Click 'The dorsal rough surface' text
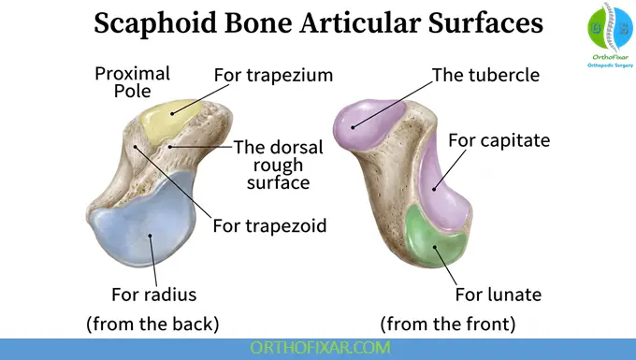[x=278, y=165]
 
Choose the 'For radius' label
[x=153, y=295]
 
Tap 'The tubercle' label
[x=485, y=75]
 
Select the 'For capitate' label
[x=499, y=140]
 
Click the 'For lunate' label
[x=499, y=295]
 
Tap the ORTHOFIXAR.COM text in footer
[x=318, y=348]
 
